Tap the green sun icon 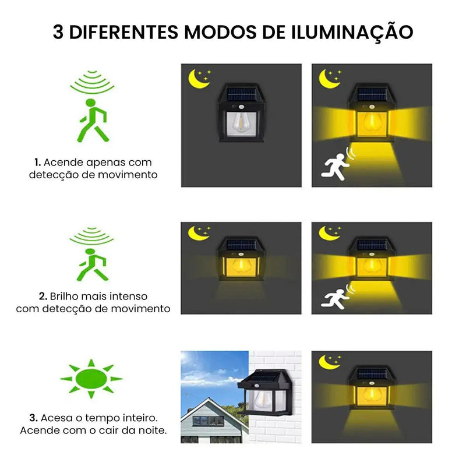pos(91,379)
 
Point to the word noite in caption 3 pos(150,430)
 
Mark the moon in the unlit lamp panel pos(199,79)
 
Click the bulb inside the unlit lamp pos(240,122)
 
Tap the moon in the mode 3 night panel pos(329,362)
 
